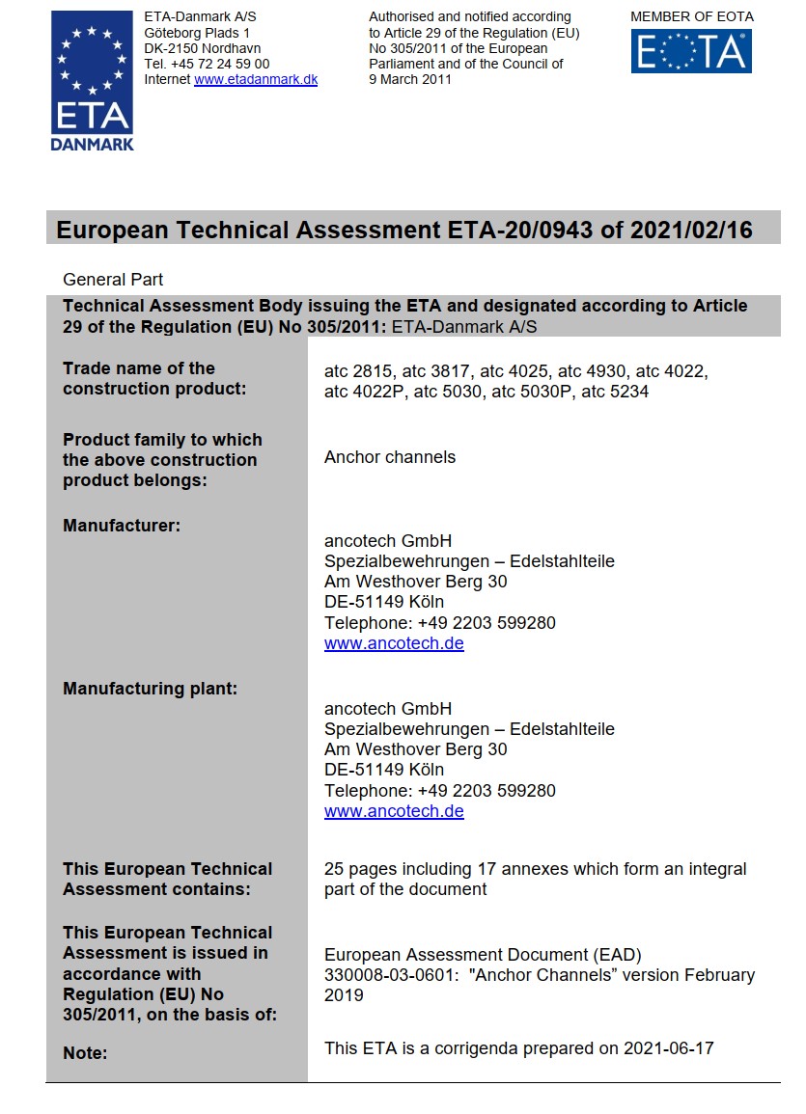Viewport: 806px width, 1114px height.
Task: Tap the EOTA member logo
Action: coord(691,51)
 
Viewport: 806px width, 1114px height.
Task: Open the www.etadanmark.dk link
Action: coord(256,80)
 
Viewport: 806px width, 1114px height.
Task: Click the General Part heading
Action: coord(113,280)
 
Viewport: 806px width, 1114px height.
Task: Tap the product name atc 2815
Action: coord(360,371)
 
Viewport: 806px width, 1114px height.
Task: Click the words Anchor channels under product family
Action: coord(390,457)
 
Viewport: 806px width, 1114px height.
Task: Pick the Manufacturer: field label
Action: coord(123,526)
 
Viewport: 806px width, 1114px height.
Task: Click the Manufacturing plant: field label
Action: coord(150,689)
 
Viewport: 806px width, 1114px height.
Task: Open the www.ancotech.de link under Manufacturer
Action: coord(394,643)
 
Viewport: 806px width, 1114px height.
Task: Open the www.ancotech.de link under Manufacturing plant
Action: coord(394,811)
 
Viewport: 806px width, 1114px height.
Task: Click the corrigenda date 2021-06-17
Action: coord(668,1047)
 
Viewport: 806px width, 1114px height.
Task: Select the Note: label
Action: coord(85,1053)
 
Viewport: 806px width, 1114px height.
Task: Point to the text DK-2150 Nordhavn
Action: coord(202,48)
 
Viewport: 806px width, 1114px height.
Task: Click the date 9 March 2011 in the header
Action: coord(410,80)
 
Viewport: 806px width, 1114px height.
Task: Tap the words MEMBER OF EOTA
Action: coord(691,16)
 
